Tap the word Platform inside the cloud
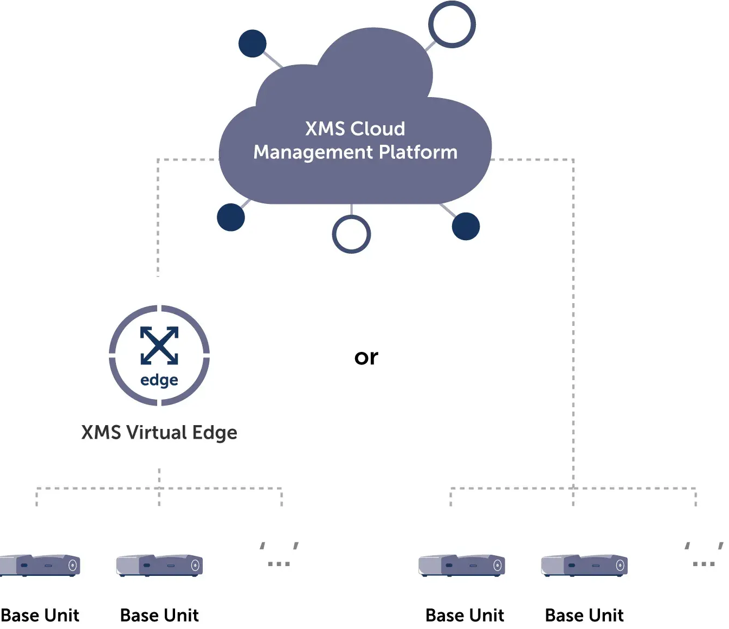pos(418,152)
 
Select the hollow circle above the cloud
pos(451,24)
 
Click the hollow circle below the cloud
pos(351,234)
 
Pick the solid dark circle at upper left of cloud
pos(253,43)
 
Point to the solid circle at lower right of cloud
pos(466,226)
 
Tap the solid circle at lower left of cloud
pos(231,217)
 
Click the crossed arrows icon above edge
pos(159,345)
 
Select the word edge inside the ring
pos(159,380)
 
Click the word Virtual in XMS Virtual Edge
pos(157,433)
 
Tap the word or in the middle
pos(366,357)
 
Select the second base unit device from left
pos(160,566)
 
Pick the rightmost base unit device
pos(584,566)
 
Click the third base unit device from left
pos(462,566)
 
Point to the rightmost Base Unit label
pos(584,615)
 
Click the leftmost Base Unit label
pos(40,615)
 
